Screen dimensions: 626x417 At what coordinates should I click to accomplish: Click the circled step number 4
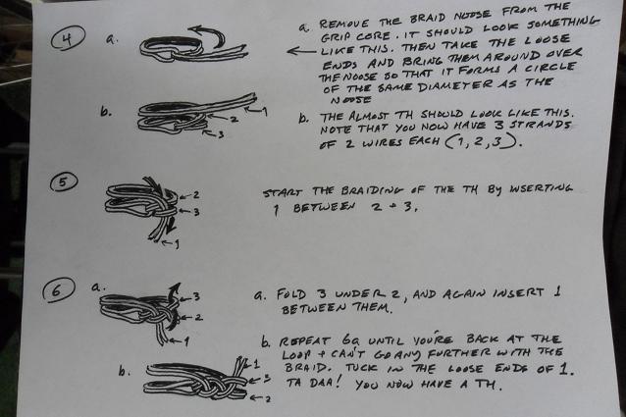(68, 38)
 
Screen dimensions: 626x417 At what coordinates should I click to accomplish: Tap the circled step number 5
(64, 182)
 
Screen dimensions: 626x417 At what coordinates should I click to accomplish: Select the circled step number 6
(59, 289)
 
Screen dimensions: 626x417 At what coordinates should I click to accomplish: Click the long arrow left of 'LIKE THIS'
(302, 51)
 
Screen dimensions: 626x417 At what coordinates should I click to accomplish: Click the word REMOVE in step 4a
(343, 24)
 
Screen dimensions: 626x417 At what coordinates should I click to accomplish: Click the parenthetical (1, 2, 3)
(483, 141)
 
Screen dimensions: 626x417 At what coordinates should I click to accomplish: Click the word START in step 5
(283, 192)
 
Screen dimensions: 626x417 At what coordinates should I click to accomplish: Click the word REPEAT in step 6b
(305, 341)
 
